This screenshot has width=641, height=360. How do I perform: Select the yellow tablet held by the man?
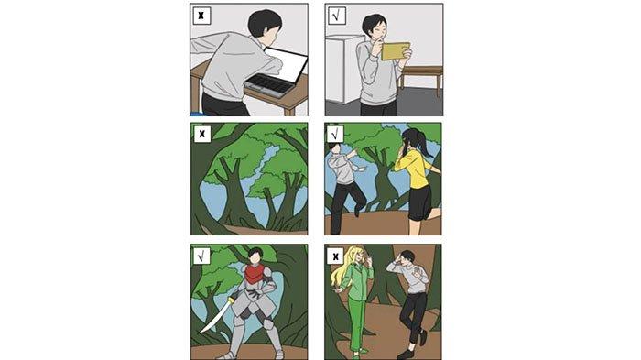[396, 51]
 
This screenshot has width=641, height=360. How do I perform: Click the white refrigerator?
[342, 69]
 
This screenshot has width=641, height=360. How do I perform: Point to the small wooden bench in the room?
[421, 77]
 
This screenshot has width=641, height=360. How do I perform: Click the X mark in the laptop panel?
[201, 16]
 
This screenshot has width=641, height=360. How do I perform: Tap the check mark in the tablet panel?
[336, 16]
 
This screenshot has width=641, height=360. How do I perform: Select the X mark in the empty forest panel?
[202, 134]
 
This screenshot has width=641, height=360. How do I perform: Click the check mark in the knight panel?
[201, 256]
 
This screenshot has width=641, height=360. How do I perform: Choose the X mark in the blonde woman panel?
[336, 256]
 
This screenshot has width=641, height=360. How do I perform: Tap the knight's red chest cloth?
[255, 273]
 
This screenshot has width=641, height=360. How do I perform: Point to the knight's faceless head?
[255, 256]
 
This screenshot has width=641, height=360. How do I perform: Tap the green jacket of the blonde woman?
[357, 281]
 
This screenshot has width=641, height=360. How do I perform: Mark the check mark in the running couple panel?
[335, 134]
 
